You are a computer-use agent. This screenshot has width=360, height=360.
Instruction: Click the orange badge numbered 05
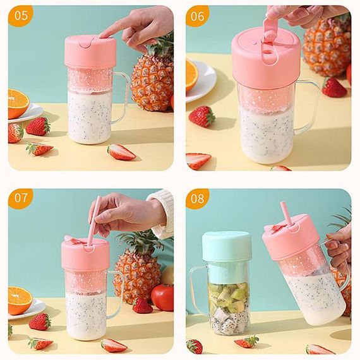pos(21,16)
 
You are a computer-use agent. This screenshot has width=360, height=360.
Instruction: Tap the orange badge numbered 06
pos(197,16)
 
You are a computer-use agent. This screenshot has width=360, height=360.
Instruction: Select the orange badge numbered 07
pos(21,198)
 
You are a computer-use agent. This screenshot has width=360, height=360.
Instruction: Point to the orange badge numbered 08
pos(197,198)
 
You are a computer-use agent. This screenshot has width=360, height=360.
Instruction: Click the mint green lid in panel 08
pos(226,248)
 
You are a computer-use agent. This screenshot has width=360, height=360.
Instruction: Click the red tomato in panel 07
pos(162,297)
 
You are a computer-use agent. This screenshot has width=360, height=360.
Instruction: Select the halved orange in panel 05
pos(18,104)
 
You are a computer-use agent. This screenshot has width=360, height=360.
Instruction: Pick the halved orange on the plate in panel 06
pos(191,75)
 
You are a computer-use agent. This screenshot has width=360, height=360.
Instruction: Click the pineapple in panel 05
pos(153,76)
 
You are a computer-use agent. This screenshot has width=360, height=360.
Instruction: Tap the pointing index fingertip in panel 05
pos(102,35)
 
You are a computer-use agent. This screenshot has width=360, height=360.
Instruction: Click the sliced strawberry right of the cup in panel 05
pos(121,152)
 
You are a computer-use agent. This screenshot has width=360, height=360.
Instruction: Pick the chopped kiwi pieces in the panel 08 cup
pos(228,297)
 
